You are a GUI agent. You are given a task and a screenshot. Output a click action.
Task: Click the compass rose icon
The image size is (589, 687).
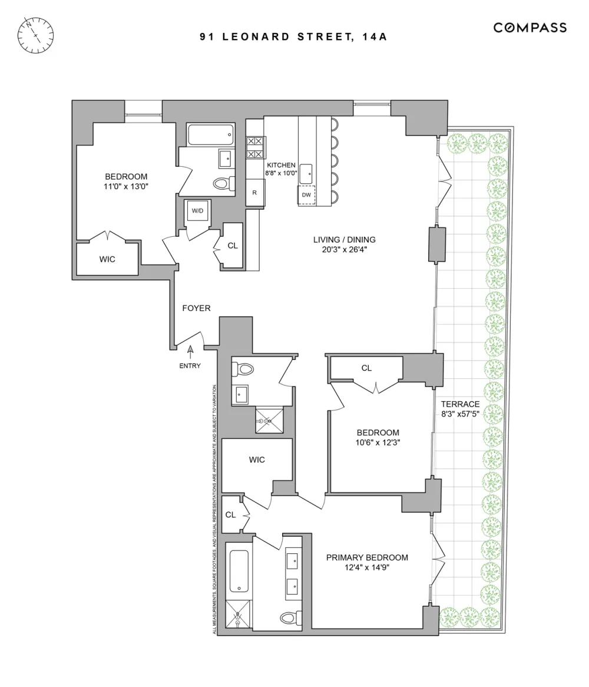[x=35, y=35]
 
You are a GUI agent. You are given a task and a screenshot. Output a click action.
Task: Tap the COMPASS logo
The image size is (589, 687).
[x=530, y=28]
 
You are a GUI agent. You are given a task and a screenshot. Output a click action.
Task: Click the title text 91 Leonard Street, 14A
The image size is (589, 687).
[x=293, y=37]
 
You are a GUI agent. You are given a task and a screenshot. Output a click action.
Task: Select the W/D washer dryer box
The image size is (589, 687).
[x=197, y=211]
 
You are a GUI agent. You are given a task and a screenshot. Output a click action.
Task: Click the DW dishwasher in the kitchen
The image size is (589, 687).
[x=306, y=195]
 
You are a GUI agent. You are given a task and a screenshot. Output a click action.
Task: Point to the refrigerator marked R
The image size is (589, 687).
[x=254, y=192]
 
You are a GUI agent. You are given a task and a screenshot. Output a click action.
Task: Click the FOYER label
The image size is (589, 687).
[x=196, y=308]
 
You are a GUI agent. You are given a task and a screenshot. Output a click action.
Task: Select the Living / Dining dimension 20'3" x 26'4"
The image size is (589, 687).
[x=344, y=250]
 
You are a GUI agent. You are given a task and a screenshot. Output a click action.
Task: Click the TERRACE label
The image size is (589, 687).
[x=460, y=404]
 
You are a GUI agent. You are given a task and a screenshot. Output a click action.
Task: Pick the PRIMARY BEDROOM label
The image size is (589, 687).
[x=367, y=557]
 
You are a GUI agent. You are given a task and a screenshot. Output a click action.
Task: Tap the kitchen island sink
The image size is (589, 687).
[x=306, y=173]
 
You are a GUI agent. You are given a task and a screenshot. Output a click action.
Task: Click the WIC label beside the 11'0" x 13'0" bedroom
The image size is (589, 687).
[x=107, y=259]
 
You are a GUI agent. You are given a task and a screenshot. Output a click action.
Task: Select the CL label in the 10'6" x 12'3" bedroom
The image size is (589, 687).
[x=366, y=368]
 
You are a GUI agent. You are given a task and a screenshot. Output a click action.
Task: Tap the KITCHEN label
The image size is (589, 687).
[x=281, y=165]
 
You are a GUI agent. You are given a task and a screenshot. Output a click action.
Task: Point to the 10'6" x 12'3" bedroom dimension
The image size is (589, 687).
[x=378, y=442]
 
